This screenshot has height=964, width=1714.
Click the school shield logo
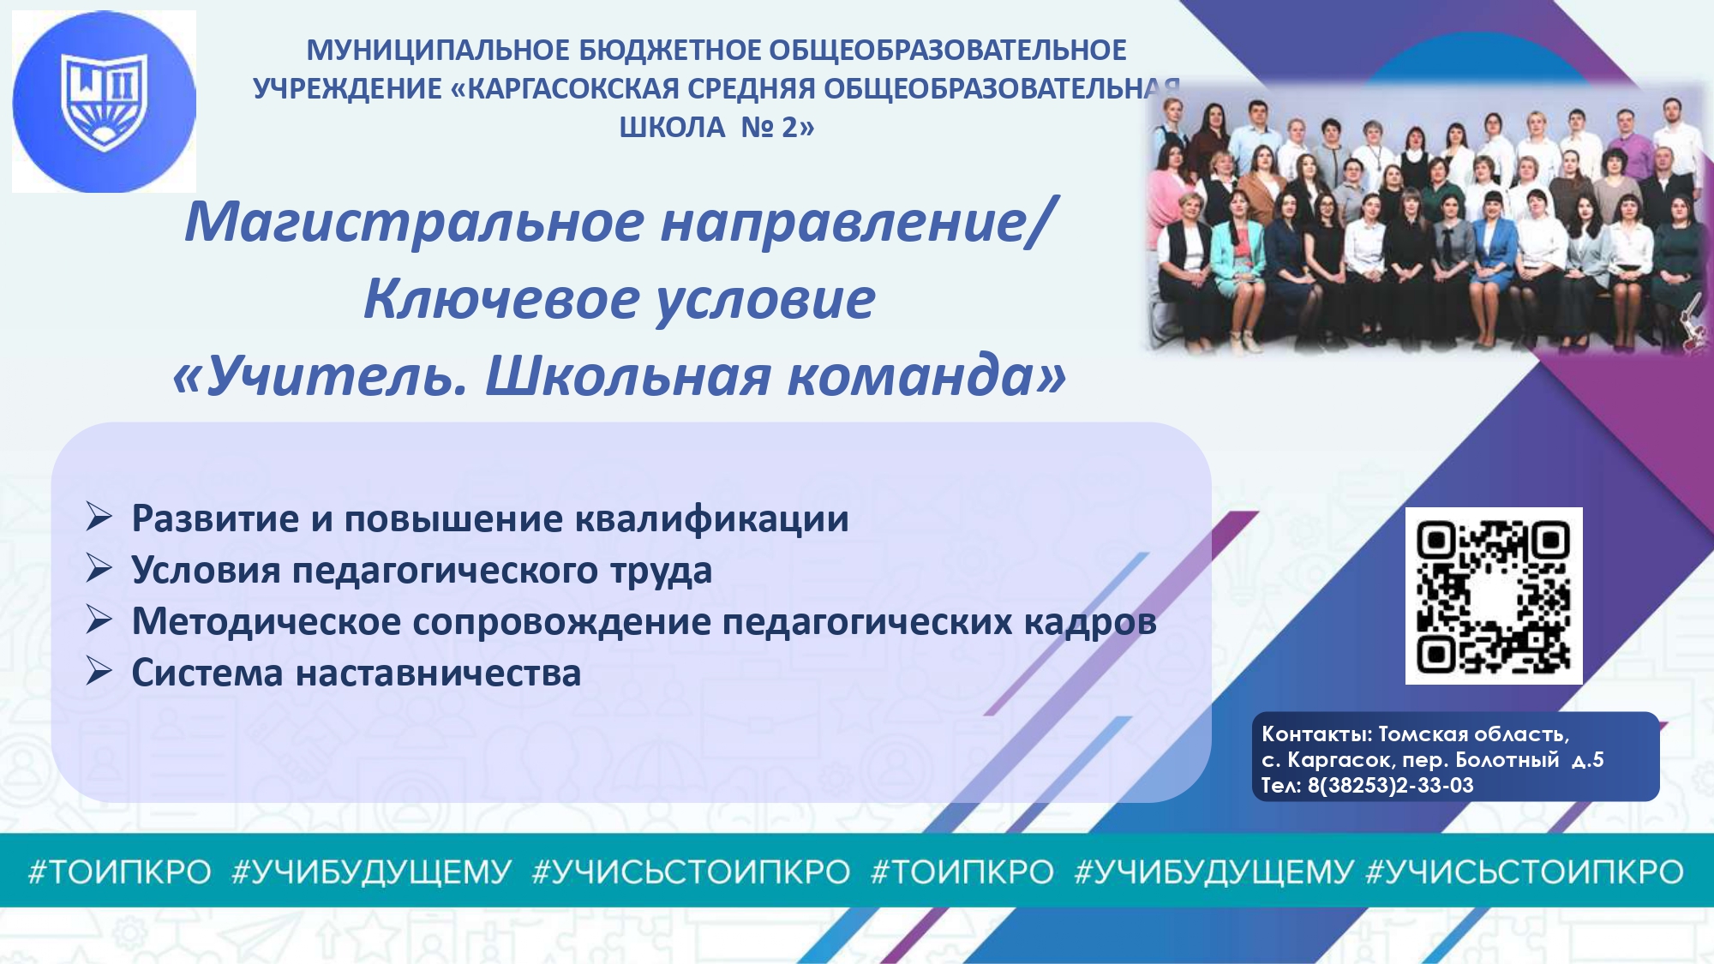[x=105, y=101]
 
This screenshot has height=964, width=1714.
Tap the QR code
[x=1494, y=596]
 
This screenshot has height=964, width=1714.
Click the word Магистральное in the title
[x=415, y=221]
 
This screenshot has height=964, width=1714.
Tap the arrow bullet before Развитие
[x=99, y=517]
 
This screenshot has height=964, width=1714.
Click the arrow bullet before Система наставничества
[x=99, y=671]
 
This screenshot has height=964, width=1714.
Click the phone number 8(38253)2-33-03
[x=1390, y=785]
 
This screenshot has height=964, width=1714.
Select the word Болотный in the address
[x=1507, y=759]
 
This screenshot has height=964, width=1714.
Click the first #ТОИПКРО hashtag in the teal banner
[x=120, y=871]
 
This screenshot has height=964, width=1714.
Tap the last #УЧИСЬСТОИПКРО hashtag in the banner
[x=1525, y=871]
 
